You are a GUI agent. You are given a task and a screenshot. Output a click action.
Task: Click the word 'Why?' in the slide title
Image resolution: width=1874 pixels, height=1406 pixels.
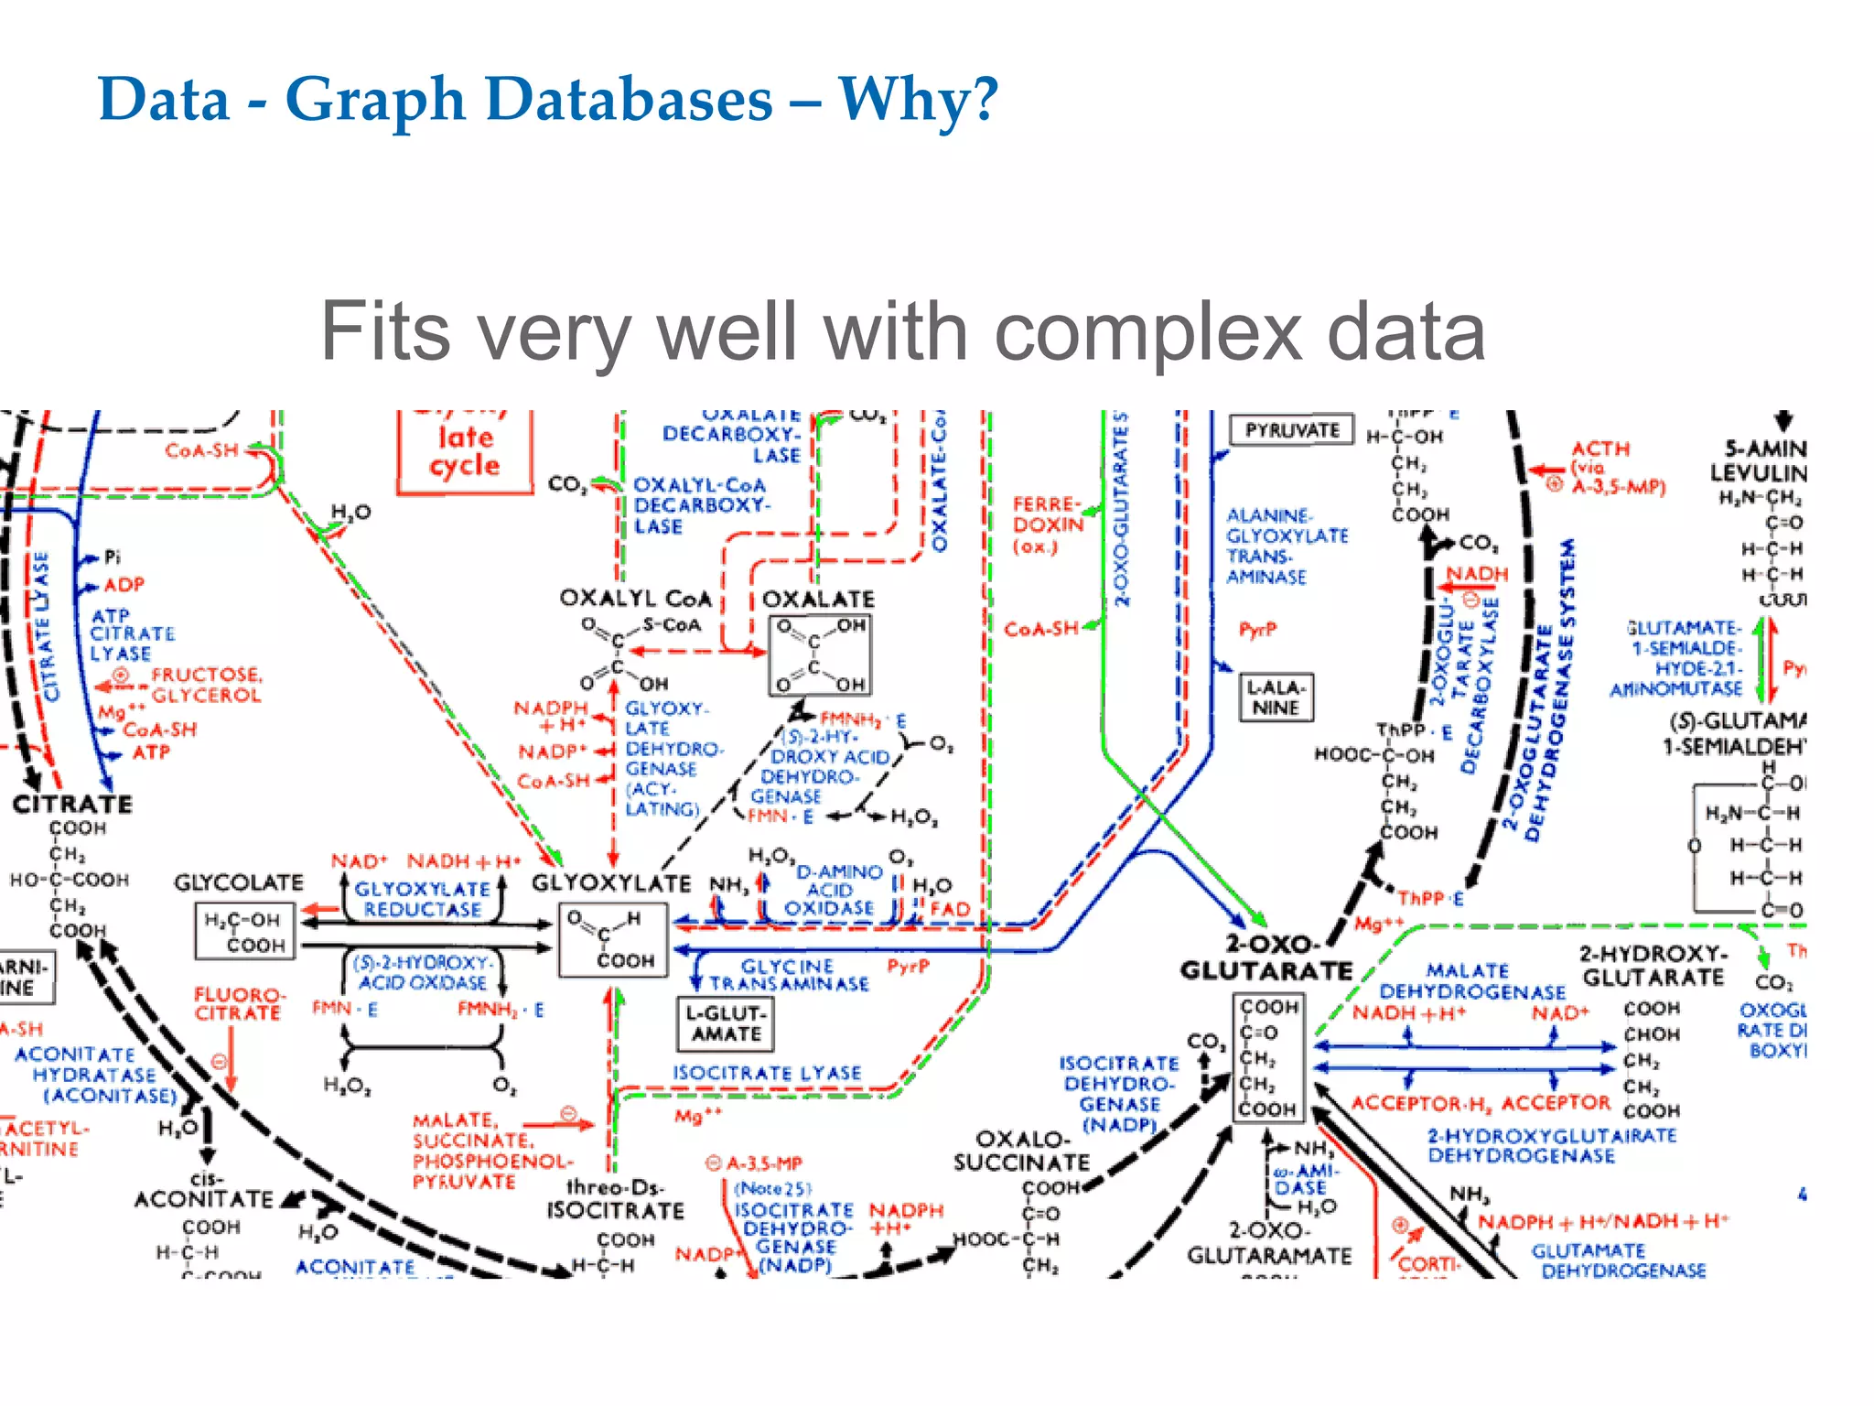[918, 99]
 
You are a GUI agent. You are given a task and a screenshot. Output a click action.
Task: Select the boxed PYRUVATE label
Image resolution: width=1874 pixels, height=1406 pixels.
[1291, 430]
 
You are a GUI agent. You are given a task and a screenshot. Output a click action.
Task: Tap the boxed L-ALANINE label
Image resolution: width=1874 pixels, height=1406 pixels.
[1276, 698]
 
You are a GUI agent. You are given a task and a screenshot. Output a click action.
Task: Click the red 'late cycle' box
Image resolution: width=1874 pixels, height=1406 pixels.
[465, 451]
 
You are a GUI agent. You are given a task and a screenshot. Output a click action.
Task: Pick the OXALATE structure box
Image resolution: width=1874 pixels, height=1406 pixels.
[820, 655]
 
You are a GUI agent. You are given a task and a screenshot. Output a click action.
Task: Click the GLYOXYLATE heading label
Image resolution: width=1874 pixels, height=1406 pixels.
[611, 883]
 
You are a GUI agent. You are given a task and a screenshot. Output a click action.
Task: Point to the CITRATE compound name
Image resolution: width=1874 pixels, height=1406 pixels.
[72, 805]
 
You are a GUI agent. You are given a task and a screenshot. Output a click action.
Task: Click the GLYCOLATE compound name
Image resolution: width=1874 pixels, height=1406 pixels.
[239, 882]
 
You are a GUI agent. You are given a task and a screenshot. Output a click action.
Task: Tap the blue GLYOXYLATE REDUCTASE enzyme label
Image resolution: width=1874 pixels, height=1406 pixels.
[422, 899]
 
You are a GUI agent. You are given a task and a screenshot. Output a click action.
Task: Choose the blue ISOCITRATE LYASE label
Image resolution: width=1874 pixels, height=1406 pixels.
[767, 1073]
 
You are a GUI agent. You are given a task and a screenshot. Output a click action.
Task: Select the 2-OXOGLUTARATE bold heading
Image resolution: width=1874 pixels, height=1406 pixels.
[1267, 957]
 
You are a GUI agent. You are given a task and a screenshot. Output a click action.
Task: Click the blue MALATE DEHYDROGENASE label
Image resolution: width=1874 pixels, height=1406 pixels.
[1471, 981]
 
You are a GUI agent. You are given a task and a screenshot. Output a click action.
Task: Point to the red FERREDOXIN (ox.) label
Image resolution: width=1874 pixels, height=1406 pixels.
[1046, 525]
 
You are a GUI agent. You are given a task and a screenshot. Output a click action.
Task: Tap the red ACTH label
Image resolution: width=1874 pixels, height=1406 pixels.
[1600, 449]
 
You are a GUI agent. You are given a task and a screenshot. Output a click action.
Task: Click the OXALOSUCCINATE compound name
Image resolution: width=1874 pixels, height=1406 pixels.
[1021, 1151]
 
